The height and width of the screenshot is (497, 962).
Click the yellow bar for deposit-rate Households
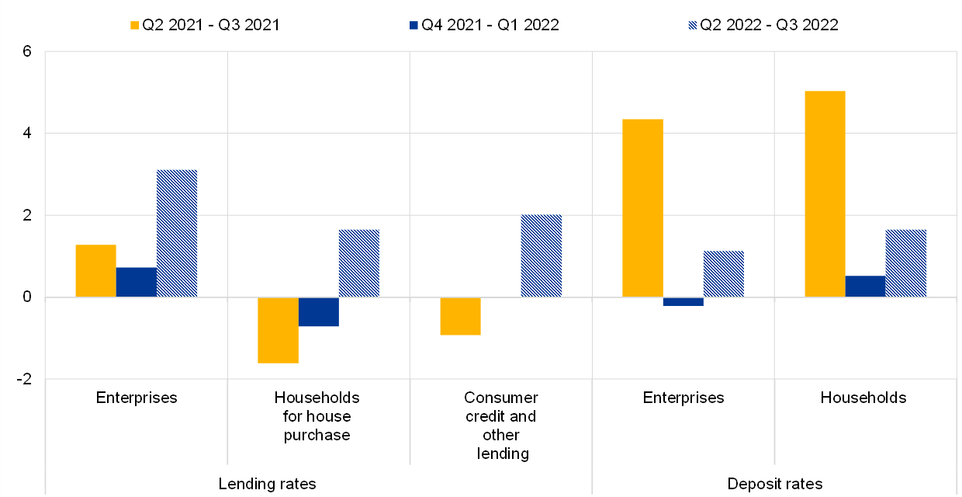pos(825,194)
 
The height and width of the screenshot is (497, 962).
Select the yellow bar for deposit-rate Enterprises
pos(642,208)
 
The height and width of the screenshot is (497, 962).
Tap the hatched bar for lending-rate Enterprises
pos(177,233)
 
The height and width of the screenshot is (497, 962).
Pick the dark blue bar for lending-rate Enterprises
pos(137,283)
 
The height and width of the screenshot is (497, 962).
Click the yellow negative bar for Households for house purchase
pos(278,330)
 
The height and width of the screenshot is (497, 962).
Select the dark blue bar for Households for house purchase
pos(318,311)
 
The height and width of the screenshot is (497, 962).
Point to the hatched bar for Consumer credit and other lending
pos(541,256)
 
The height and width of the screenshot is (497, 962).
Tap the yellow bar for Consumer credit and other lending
pos(460,316)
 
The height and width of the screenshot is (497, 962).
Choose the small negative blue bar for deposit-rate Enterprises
pos(683,301)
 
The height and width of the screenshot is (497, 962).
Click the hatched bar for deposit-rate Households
pos(906,263)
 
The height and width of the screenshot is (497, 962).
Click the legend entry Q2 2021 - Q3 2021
pos(204,25)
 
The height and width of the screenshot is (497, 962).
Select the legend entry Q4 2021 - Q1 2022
pos(483,25)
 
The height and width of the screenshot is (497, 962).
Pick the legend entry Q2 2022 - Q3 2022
pos(762,25)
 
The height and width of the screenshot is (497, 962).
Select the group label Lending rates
pos(267,484)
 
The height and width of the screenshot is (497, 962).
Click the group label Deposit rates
pos(775,484)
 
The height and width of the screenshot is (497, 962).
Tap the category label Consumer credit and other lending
pos(500,426)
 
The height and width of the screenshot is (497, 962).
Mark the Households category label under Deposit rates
pos(863,398)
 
